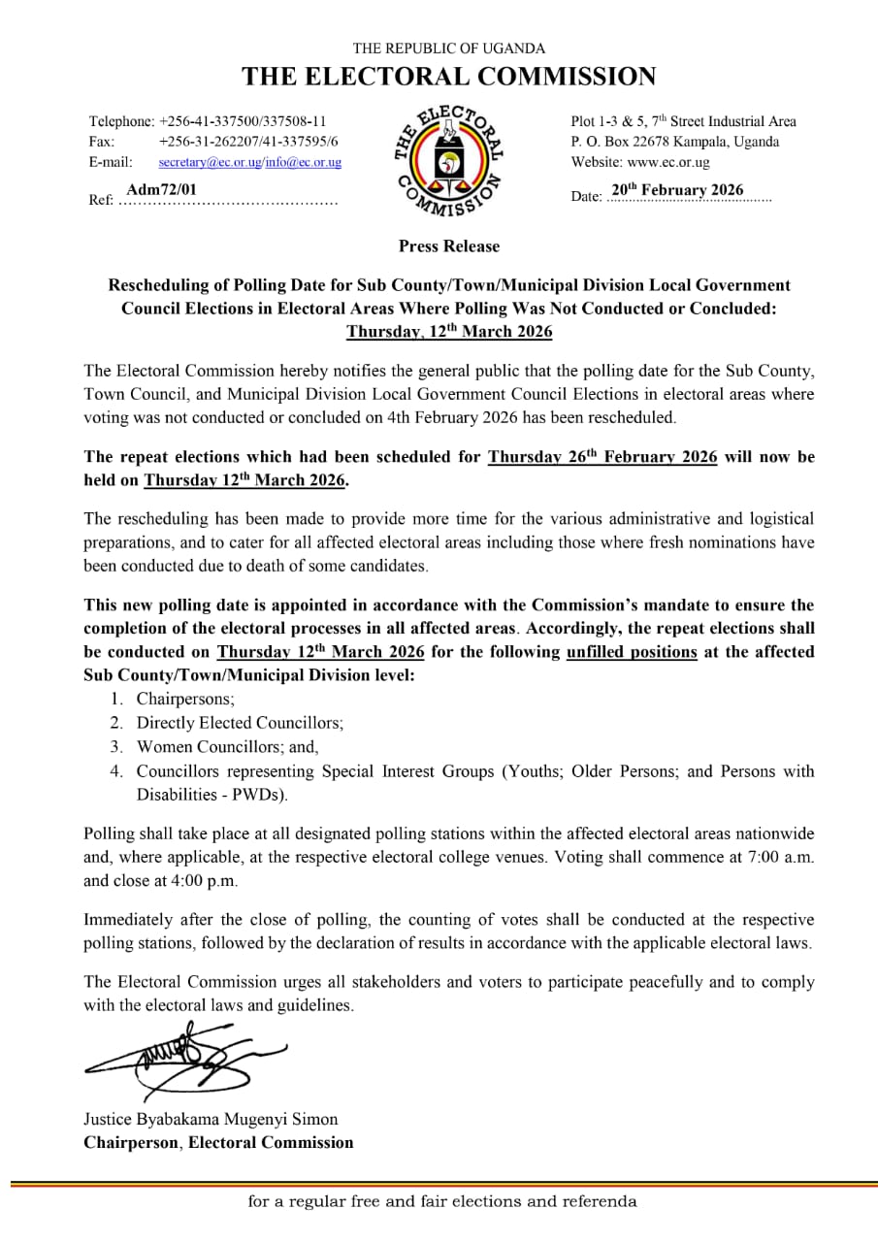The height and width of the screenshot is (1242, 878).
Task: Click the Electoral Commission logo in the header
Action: pos(448,159)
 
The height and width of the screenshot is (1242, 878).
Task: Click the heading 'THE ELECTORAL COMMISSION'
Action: pos(448,77)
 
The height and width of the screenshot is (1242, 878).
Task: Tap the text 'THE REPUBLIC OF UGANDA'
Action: pos(448,48)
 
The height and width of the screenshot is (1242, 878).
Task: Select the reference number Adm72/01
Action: pos(161,189)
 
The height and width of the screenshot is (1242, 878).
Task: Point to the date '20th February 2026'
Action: pos(677,190)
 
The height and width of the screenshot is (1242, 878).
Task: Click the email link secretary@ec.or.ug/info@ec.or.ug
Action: pos(249,162)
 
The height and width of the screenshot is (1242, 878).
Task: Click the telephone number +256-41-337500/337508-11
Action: pos(243,121)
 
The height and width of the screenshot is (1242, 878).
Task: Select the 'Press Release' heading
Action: pos(448,246)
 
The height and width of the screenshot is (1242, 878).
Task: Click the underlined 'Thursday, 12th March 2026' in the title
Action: pos(448,332)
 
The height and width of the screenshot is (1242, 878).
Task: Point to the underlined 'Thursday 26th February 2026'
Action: pos(602,457)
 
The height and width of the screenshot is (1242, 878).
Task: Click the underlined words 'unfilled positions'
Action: pos(631,652)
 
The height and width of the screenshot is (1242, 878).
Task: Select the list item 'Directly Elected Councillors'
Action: pos(240,723)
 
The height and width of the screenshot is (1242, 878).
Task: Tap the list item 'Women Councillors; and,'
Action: pos(227,747)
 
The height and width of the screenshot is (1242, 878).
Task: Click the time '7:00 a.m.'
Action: pos(782,858)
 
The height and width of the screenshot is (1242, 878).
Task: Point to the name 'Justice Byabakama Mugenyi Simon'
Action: pos(211,1119)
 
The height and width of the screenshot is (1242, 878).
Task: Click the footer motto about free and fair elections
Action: pos(442,1201)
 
